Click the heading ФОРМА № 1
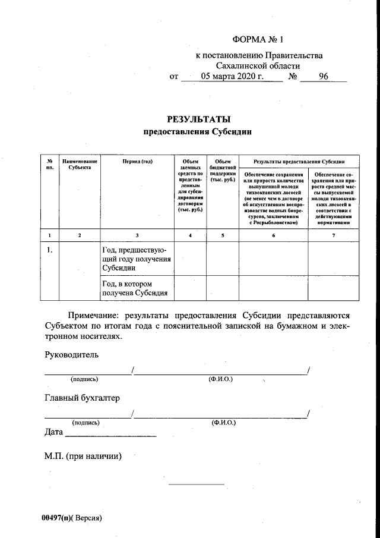pyautogui.click(x=259, y=40)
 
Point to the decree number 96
pyautogui.click(x=324, y=76)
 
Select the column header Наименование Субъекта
pyautogui.click(x=80, y=164)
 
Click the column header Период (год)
pyautogui.click(x=137, y=161)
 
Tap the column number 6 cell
pyautogui.click(x=274, y=236)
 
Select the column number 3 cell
pyautogui.click(x=137, y=236)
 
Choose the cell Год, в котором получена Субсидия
pyautogui.click(x=135, y=288)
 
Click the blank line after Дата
pyautogui.click(x=110, y=436)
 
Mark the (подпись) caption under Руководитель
pyautogui.click(x=84, y=379)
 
